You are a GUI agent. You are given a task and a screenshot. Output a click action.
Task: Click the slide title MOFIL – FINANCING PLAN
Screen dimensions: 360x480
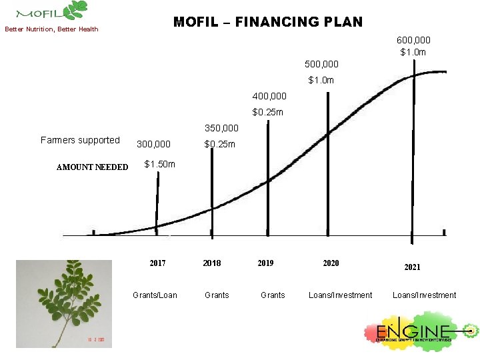pos(268,22)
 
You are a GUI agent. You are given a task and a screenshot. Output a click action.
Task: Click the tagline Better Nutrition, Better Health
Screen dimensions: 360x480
pos(52,29)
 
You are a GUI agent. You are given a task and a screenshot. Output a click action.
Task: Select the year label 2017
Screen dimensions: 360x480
pos(157,263)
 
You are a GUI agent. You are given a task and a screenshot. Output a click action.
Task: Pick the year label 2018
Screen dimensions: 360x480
pos(212,263)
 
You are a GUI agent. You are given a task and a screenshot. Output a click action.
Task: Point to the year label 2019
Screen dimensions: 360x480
pos(265,263)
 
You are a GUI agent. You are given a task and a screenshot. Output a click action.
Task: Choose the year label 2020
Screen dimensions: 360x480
pos(331,263)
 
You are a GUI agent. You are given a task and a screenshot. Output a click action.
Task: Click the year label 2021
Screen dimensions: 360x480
pos(412,267)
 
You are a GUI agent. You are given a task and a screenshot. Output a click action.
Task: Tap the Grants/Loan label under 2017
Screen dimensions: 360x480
pos(155,295)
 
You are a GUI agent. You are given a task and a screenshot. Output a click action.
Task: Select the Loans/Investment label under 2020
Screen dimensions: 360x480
pos(340,295)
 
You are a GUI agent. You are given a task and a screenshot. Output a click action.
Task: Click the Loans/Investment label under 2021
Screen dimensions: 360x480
pos(424,295)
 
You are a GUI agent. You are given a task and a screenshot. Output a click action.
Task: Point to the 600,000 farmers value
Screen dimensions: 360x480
pos(413,40)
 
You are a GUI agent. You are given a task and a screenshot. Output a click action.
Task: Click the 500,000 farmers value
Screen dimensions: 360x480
pos(321,65)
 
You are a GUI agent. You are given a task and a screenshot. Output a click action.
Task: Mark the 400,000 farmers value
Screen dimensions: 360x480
pos(269,97)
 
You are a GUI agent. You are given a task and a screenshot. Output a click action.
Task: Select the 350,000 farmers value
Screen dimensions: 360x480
pos(221,127)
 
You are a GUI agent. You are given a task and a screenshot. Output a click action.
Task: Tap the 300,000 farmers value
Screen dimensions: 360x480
pos(153,144)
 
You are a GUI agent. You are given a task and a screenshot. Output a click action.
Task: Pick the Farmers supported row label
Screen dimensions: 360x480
pos(80,140)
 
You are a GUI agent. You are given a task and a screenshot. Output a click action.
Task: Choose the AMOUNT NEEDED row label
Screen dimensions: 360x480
pos(92,167)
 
